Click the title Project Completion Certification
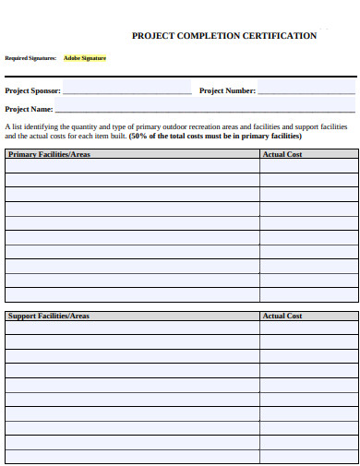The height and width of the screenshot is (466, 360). pos(224,36)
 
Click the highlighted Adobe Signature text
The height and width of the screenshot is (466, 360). pos(84,58)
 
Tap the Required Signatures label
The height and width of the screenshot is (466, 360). pos(30,58)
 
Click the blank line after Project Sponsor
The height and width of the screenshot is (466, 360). pos(127,92)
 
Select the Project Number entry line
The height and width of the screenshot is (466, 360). pos(306,92)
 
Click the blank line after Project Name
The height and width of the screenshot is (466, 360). pos(205,111)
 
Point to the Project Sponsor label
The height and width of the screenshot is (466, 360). pos(33,90)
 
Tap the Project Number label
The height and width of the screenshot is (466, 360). pos(227,90)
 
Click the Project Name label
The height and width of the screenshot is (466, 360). pos(29,109)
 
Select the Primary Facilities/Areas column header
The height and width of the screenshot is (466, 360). pos(49,154)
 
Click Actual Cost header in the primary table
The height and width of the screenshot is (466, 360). pos(282,154)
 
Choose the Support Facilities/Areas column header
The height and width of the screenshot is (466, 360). pos(49,316)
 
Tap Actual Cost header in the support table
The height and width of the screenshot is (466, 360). pos(282,316)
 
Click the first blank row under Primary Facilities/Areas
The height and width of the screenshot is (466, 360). pos(132,167)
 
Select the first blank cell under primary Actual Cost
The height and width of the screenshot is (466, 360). pos(309,167)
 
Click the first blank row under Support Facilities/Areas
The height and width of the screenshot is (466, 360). pos(132,329)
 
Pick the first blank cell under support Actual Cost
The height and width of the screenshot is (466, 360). pos(309,329)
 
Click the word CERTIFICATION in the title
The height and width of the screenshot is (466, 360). pos(280,36)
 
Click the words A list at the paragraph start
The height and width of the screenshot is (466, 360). pos(12,125)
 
